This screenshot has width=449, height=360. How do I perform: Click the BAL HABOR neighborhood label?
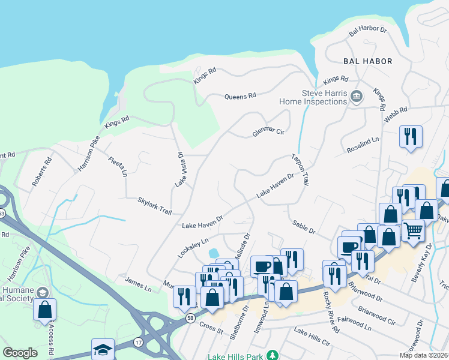(367, 61)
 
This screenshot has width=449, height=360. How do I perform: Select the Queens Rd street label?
(240, 96)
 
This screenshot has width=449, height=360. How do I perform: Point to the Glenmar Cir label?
(268, 131)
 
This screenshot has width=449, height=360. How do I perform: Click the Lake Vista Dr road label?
(179, 169)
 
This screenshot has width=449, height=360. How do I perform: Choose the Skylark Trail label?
(155, 205)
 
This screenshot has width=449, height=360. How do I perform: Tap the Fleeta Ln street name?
(118, 166)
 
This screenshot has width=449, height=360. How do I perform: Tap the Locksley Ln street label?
(193, 248)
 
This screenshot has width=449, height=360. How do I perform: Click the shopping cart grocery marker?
(413, 230)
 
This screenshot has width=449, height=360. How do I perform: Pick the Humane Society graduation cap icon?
(42, 292)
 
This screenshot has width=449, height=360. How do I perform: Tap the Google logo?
(20, 353)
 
